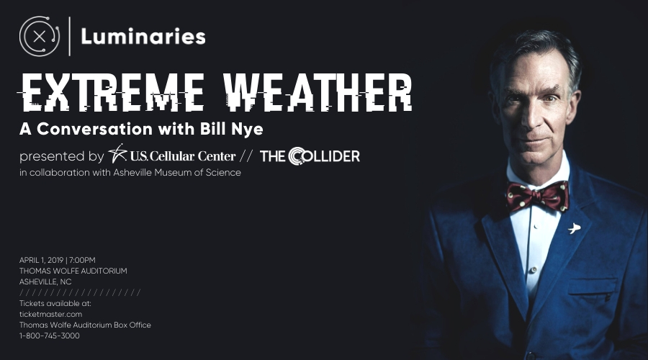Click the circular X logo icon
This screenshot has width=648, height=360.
pos(40,37)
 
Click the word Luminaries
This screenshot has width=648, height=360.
pos(143,37)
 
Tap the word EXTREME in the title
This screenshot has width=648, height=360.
pos(112,92)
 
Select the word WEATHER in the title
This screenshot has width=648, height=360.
pos(318,92)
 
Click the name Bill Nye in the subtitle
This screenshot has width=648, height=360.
pos(231,129)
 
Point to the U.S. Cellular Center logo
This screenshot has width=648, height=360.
pos(172,155)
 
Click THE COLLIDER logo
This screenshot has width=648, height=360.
pos(310,156)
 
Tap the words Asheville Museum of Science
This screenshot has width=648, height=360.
pos(177,172)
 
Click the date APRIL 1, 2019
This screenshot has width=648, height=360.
pos(41,260)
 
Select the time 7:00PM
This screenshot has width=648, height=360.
pos(82,260)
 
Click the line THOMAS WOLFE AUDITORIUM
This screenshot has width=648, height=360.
pos(73,271)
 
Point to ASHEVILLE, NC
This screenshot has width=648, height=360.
pos(45,282)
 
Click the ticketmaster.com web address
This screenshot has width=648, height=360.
pos(51,314)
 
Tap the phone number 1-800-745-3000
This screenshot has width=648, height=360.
pos(50,336)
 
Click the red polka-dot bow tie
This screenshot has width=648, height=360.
pos(538,196)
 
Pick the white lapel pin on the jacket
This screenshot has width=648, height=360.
pos(574,228)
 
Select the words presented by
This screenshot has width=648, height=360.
pos(62,156)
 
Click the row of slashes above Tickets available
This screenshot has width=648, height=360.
pos(80,292)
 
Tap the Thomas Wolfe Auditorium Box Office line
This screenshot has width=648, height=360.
pos(85,325)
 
